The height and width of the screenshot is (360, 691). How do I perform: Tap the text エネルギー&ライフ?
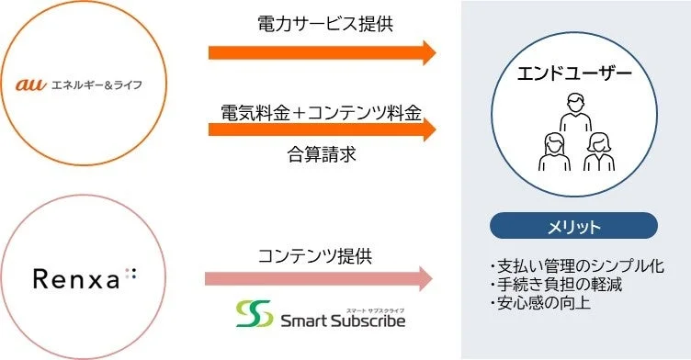[x=95, y=85]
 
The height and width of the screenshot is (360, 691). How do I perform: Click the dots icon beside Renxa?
[x=130, y=273]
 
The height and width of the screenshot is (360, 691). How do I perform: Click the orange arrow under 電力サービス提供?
[x=322, y=51]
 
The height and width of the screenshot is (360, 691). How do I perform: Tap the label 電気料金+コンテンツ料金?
[x=321, y=112]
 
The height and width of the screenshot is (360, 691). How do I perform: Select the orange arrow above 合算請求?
[x=322, y=129]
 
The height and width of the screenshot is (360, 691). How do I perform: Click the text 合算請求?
[x=321, y=154]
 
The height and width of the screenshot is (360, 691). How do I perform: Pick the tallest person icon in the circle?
[x=574, y=119]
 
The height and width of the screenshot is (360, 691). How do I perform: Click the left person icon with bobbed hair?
[x=554, y=152]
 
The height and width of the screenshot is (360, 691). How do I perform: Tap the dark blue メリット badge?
[x=573, y=226]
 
